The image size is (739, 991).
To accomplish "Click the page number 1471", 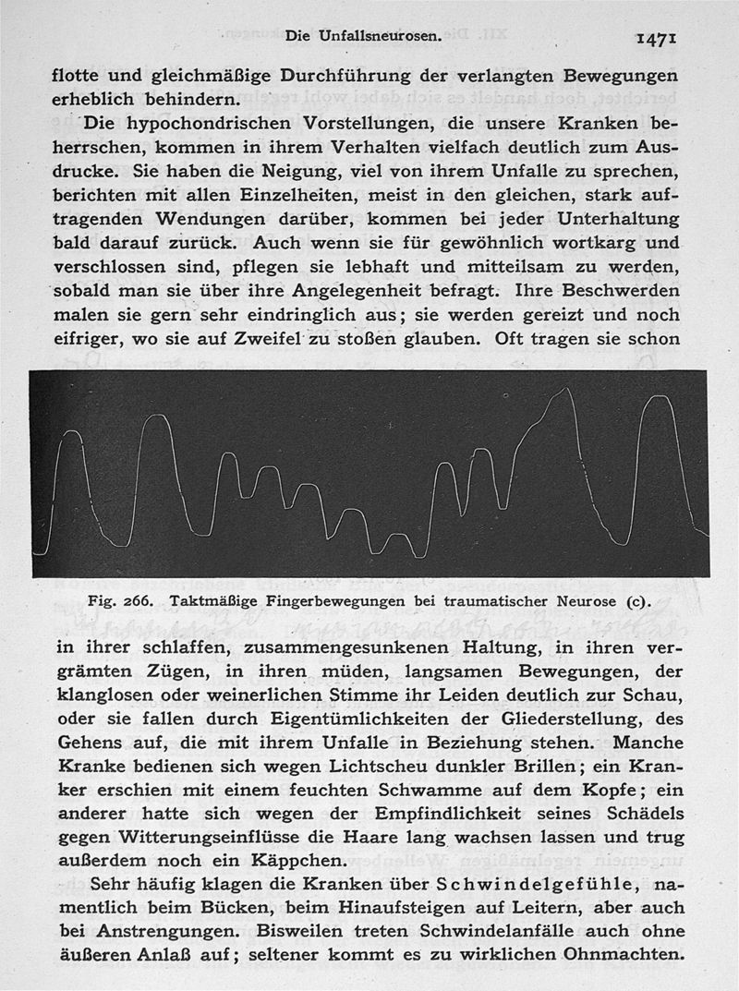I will [657, 38].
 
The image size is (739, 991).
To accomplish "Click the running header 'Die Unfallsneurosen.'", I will [363, 37].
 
